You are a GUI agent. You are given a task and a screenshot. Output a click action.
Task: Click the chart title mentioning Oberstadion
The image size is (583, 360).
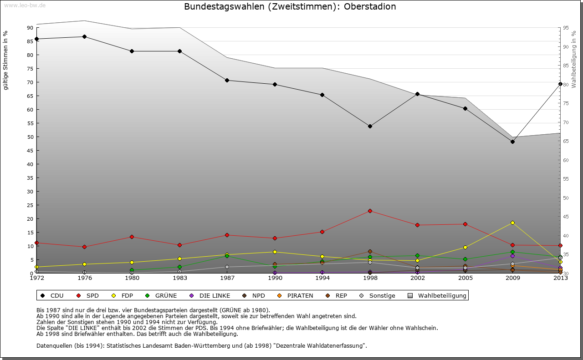coord(290,7)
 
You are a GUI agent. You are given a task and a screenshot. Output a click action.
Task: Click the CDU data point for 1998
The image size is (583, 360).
coord(370,126)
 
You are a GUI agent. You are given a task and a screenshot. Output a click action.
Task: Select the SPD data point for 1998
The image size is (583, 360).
coord(370,211)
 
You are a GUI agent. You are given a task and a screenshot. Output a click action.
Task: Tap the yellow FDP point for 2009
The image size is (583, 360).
coord(512,223)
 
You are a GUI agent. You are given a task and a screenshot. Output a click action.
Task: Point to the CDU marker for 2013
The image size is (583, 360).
coord(560,84)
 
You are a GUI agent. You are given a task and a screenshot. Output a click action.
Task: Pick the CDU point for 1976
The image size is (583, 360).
coord(84,36)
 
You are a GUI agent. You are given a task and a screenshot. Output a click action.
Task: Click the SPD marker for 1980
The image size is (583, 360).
coord(132,237)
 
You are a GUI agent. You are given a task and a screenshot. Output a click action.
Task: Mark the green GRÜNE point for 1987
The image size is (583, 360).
coord(227,256)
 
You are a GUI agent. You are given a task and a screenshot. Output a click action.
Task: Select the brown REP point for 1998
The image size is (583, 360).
coord(370,251)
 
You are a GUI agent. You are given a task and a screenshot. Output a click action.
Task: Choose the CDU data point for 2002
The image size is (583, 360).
coord(417,94)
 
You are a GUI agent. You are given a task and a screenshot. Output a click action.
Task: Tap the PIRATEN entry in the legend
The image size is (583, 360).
coord(295,295)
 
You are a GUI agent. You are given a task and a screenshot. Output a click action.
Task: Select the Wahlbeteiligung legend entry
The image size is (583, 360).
coord(437,295)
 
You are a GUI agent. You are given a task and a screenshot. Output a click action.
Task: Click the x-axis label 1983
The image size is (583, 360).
coord(179,278)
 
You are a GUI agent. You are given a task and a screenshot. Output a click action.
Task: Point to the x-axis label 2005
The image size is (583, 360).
coord(465,278)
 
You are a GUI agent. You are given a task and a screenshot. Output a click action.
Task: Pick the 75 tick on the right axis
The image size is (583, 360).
coord(566,103)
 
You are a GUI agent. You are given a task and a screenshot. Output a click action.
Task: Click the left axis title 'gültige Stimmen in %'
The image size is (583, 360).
coord(6,61)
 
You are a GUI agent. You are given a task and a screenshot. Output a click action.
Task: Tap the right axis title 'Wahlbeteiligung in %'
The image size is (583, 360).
coord(574,59)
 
